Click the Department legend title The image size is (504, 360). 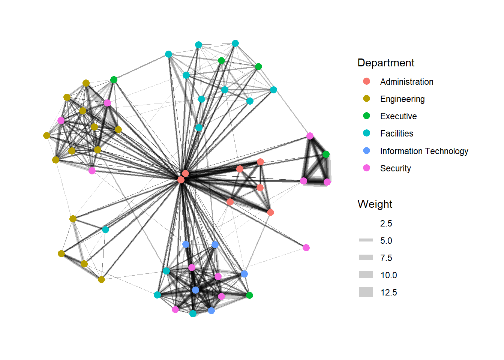tap(385, 63)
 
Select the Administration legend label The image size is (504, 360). tap(406, 82)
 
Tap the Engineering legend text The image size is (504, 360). tap(402, 99)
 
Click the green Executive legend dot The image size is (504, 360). tap(366, 116)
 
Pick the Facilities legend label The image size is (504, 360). tap(396, 133)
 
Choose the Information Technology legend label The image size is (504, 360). tap(424, 151)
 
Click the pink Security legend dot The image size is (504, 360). tap(366, 168)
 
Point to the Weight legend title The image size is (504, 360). tap(375, 204)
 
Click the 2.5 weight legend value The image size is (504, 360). tap(386, 223)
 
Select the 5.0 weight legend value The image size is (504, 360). tap(386, 241)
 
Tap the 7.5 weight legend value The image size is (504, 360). tap(386, 258)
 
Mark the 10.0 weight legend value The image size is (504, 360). tap(388, 275)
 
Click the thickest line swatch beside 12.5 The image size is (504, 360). tap(366, 292)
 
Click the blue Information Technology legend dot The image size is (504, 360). tap(366, 151)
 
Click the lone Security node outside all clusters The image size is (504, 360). tap(306, 247)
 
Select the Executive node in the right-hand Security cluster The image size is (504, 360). tap(326, 154)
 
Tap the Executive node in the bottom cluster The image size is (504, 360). tap(249, 295)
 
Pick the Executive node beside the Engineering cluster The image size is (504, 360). tap(114, 79)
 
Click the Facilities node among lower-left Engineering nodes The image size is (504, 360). tap(105, 229)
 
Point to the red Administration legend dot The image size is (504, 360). tap(366, 81)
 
